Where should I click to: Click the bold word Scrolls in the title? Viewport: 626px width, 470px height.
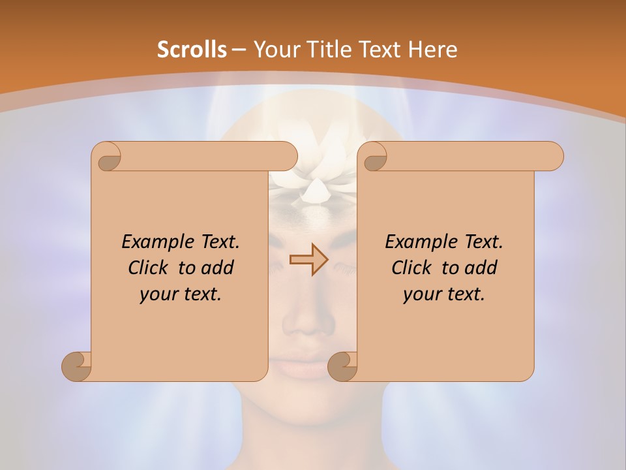[x=192, y=50]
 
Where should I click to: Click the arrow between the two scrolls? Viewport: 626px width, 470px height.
[x=308, y=260]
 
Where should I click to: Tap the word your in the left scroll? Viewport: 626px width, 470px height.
[x=157, y=295]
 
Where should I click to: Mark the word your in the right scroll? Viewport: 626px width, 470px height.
[x=421, y=295]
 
